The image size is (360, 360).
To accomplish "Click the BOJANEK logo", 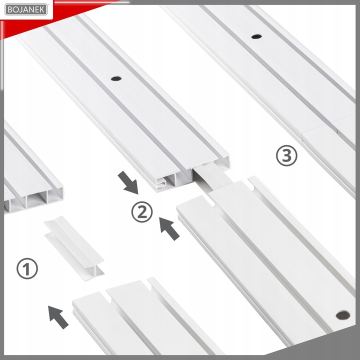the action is [26, 9].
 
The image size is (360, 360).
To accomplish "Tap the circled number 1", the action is [27, 268].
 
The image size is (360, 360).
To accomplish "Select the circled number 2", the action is [142, 211].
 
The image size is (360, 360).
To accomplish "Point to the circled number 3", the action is [286, 155].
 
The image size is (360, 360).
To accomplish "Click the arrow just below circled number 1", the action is [58, 317].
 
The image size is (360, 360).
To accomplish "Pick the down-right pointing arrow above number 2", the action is [128, 182].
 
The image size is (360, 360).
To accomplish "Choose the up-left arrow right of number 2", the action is [169, 228].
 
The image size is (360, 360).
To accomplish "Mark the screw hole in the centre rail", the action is [116, 78].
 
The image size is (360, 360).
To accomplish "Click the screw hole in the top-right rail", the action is [256, 36].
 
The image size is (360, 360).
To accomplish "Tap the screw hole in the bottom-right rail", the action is [343, 315].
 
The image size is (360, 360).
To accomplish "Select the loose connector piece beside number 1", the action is [74, 248].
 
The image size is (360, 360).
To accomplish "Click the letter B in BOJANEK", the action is [9, 10].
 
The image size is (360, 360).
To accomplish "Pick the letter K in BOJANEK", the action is [43, 10].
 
